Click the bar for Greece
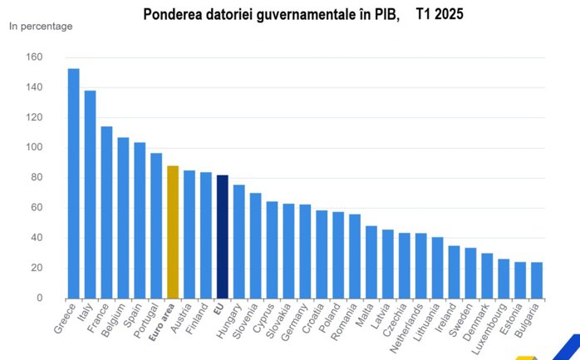pyautogui.click(x=73, y=183)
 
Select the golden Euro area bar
pyautogui.click(x=173, y=232)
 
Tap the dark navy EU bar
pyautogui.click(x=222, y=236)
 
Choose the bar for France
pyautogui.click(x=106, y=212)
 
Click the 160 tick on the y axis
pyautogui.click(x=34, y=57)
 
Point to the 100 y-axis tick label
pyautogui.click(x=34, y=148)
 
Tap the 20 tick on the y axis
pyautogui.click(x=37, y=268)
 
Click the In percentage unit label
pyautogui.click(x=41, y=26)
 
